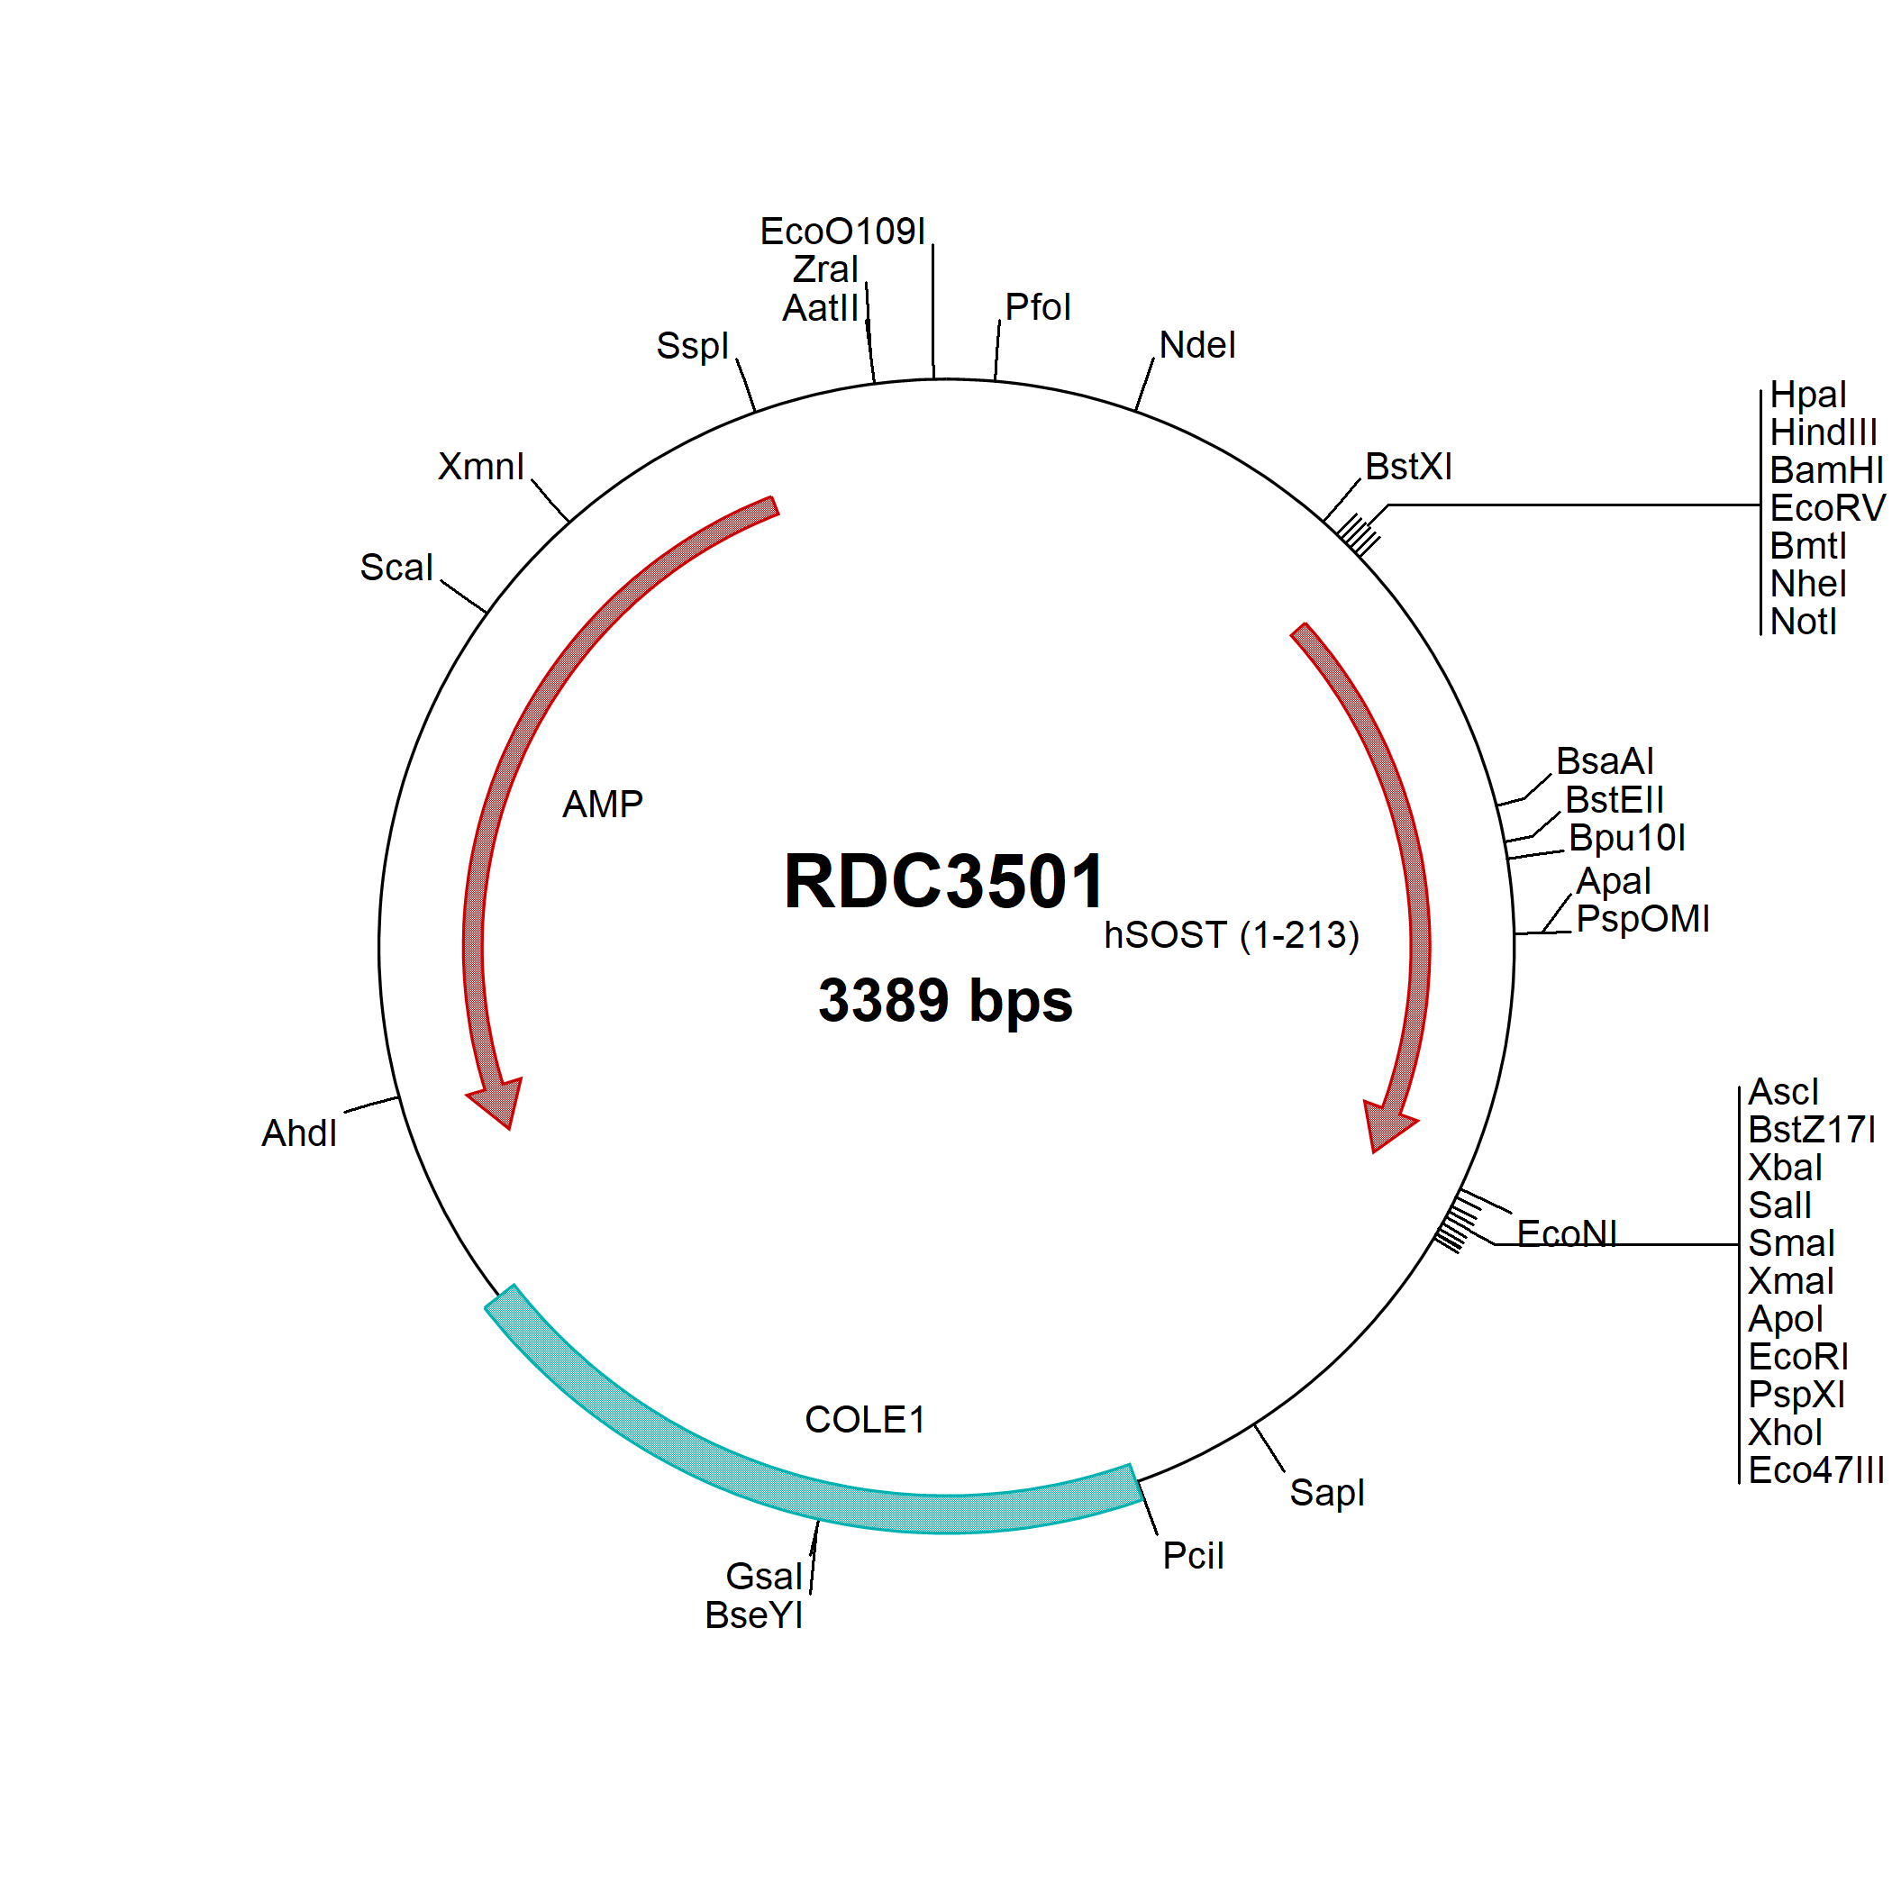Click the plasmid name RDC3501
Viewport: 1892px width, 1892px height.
point(944,881)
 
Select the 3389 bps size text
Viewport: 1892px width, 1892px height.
point(945,1000)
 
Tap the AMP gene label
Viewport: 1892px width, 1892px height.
point(602,804)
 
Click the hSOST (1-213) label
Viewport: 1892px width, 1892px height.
point(1231,935)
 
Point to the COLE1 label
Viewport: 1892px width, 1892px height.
point(865,1419)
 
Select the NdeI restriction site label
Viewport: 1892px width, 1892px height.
point(1196,346)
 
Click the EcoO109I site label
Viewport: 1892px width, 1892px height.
point(842,232)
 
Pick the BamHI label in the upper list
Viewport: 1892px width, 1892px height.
point(1825,470)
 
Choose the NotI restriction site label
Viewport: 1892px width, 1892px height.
point(1803,622)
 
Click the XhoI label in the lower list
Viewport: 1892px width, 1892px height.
point(1784,1433)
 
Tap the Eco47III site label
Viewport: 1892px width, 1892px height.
point(1815,1470)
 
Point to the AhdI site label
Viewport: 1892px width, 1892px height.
point(299,1133)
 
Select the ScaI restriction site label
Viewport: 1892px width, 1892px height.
point(396,567)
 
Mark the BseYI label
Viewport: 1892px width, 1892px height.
point(753,1615)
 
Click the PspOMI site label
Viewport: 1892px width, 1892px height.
point(1642,920)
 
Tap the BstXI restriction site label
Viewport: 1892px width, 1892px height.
point(1408,467)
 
